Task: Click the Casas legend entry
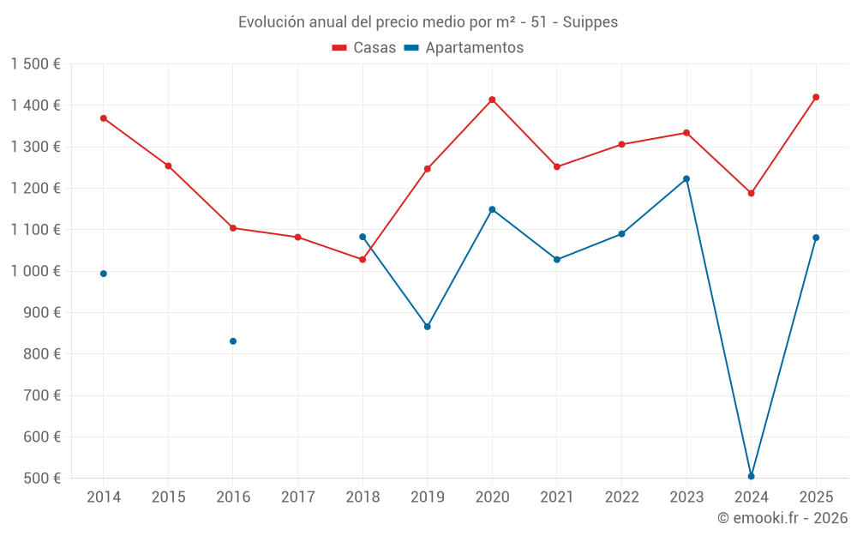click(x=364, y=48)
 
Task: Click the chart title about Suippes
click(x=428, y=22)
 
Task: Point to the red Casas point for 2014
click(x=104, y=118)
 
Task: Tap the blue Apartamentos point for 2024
click(x=751, y=476)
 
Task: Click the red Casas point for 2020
click(x=492, y=99)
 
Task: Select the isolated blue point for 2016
click(x=233, y=341)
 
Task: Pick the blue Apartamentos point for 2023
click(x=686, y=179)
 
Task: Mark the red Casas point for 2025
click(x=816, y=97)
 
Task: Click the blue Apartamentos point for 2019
click(x=428, y=327)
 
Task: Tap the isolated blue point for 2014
click(x=104, y=274)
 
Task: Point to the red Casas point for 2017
click(x=297, y=237)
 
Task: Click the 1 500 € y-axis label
click(x=35, y=64)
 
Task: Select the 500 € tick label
click(x=42, y=479)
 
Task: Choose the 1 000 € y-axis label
click(x=35, y=271)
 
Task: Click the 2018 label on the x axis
click(x=363, y=497)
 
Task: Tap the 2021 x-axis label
click(x=557, y=497)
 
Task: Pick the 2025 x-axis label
click(x=816, y=497)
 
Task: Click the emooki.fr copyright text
click(x=782, y=518)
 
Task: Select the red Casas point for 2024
click(x=751, y=193)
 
